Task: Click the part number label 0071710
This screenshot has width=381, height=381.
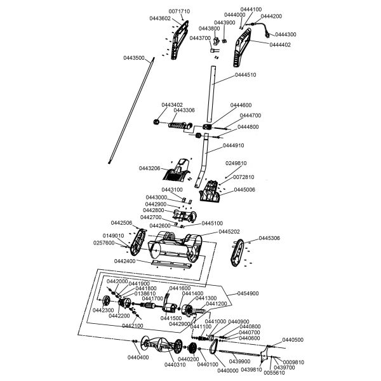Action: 179,12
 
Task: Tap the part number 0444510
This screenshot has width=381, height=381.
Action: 245,75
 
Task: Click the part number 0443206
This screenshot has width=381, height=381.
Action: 149,168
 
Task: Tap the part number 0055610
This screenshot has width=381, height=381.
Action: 274,373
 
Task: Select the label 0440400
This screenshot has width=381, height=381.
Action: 138,358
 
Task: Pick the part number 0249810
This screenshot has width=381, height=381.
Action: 237,163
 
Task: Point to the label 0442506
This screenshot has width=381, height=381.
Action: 121,223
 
